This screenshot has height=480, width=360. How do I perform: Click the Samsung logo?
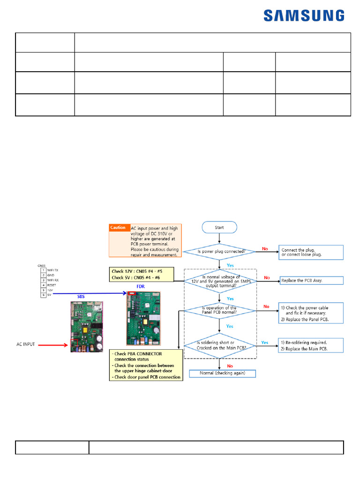304,16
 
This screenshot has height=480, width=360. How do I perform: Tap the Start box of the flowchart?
219,227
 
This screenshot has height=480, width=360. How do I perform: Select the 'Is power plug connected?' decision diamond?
219,251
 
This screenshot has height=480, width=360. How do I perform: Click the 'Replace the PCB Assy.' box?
311,280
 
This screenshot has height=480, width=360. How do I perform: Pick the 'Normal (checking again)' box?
223,374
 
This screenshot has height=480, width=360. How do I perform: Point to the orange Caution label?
118,228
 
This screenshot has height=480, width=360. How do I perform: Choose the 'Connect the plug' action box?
311,252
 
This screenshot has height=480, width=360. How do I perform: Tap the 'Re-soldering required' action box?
311,345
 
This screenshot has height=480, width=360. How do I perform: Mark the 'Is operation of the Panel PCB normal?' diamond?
219,310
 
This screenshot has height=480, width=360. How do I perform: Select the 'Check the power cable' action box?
311,313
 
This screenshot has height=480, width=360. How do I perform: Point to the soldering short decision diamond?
219,345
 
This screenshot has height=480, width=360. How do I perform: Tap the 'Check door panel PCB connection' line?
147,377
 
